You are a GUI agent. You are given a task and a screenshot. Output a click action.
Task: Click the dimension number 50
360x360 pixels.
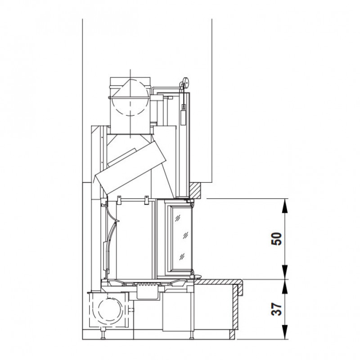coord(277,239)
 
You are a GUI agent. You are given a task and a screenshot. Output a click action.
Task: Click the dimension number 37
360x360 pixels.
coord(276,309)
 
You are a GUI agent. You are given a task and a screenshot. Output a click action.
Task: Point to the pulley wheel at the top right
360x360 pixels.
coord(185,82)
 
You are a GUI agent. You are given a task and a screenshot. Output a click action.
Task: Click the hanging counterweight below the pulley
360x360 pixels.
coord(183,117)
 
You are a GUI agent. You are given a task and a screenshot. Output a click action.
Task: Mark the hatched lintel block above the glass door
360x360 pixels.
coord(196,190)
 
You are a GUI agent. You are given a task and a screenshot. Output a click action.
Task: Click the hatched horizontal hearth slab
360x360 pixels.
coord(219,282)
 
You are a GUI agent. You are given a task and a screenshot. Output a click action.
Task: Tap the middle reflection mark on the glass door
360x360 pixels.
coord(185,235)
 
